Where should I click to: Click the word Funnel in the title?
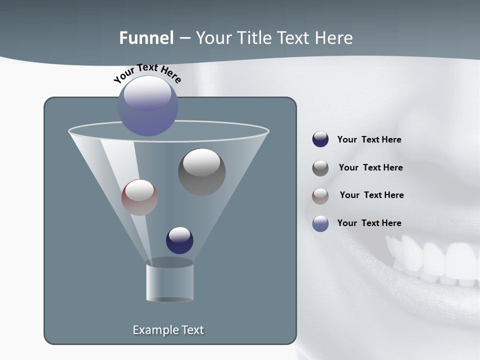pyautogui.click(x=146, y=38)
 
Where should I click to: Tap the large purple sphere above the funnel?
pyautogui.click(x=147, y=105)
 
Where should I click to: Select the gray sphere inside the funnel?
pyautogui.click(x=201, y=171)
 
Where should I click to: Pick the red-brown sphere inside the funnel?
pyautogui.click(x=139, y=197)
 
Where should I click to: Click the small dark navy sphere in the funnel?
pyautogui.click(x=179, y=240)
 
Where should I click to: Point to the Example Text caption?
pyautogui.click(x=168, y=330)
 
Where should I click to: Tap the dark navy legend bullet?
pyautogui.click(x=320, y=139)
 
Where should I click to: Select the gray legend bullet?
pyautogui.click(x=320, y=168)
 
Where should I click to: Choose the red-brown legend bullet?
pyautogui.click(x=320, y=195)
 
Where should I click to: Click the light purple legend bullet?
pyautogui.click(x=320, y=223)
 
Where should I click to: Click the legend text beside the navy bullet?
pyautogui.click(x=369, y=140)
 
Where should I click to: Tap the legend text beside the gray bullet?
pyautogui.click(x=370, y=168)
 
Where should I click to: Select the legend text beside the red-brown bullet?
pyautogui.click(x=371, y=195)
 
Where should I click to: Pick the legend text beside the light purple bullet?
pyautogui.click(x=369, y=223)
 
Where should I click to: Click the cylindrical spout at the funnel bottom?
pyautogui.click(x=169, y=281)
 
